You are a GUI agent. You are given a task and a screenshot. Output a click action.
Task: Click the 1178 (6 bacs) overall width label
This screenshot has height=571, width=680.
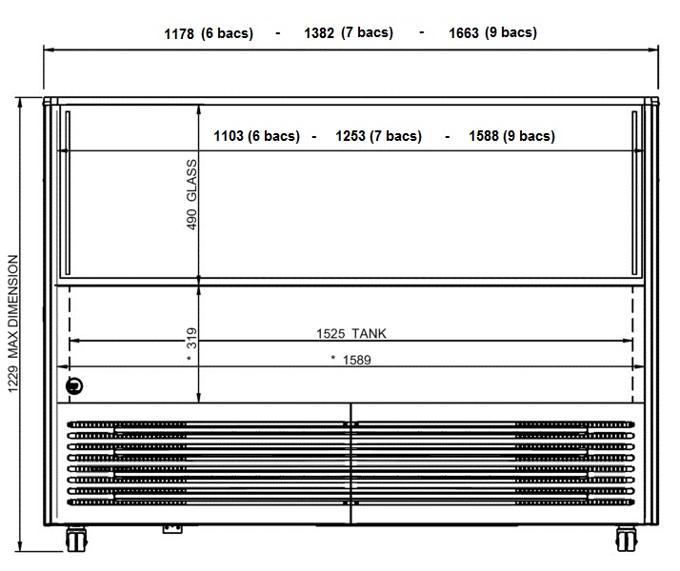(x=209, y=33)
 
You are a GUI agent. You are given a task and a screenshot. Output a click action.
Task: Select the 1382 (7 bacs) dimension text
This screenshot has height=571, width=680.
(x=349, y=32)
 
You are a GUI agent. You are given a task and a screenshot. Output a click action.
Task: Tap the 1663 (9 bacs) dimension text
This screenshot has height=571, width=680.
(x=492, y=32)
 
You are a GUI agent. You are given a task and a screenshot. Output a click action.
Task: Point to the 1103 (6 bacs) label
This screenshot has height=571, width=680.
(x=257, y=136)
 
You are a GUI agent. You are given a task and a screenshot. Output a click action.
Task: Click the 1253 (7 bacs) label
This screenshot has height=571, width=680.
(x=379, y=136)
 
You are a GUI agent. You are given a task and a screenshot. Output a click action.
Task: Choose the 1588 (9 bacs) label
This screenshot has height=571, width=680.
(x=511, y=136)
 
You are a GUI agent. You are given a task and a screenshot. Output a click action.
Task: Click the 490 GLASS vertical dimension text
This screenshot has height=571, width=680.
(x=191, y=194)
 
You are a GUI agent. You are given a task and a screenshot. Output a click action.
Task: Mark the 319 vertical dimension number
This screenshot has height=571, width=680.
(x=191, y=338)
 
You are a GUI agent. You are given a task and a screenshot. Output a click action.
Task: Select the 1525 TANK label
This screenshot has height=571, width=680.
(x=351, y=334)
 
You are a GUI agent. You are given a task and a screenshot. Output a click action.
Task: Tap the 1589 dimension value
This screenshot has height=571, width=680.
(x=357, y=360)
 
